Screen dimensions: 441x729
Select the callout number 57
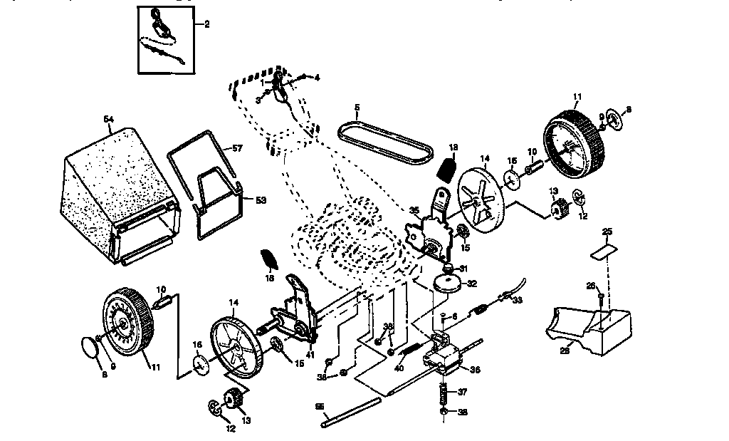[237, 147]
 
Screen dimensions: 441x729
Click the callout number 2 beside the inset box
[206, 24]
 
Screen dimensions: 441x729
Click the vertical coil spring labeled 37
[443, 393]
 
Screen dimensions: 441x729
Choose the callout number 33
[516, 300]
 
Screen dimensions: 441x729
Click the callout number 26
[590, 286]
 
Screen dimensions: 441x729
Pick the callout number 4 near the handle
[317, 77]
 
